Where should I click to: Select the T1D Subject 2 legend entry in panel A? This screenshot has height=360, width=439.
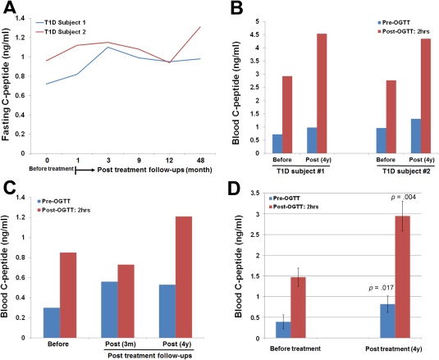61,32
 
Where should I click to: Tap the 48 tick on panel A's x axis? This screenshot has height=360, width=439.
200,161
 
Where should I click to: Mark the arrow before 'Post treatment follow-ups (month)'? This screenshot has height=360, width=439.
85,170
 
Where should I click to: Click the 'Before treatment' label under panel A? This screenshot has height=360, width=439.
51,169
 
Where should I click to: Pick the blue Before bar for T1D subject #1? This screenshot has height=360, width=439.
277,144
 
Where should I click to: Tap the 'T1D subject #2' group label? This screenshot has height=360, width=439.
406,171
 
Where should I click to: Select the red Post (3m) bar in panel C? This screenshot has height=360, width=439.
126,301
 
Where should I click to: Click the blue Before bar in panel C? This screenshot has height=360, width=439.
52,322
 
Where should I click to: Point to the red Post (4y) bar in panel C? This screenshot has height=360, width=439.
184,277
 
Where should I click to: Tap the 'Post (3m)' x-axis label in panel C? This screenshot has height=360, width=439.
121,344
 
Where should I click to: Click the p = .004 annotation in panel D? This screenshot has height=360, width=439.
403,197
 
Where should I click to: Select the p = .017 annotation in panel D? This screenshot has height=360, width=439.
382,288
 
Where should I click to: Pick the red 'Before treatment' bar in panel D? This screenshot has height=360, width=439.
298,308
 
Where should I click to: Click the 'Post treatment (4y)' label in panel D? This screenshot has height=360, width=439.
393,349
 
